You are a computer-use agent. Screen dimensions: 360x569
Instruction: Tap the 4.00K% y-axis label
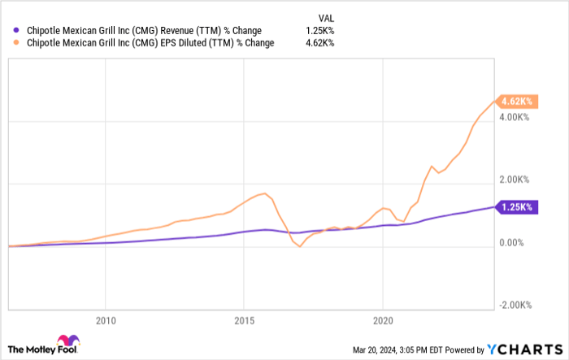click(516, 117)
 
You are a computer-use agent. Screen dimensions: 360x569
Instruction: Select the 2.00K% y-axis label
click(516, 180)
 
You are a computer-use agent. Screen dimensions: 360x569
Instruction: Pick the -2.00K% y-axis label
click(515, 305)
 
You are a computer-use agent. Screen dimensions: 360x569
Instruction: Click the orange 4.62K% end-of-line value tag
click(515, 102)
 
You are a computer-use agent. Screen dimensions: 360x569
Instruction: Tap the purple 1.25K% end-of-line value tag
click(515, 207)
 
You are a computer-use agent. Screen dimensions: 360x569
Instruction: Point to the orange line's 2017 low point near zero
click(300, 246)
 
